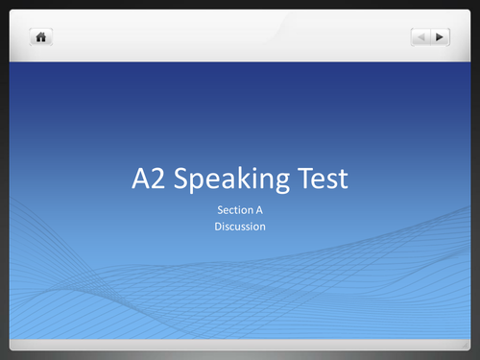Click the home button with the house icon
(x=41, y=37)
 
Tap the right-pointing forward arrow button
(x=440, y=37)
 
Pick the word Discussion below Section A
(x=240, y=227)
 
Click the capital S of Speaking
(x=183, y=180)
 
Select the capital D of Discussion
(x=218, y=227)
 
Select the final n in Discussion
(x=262, y=228)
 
